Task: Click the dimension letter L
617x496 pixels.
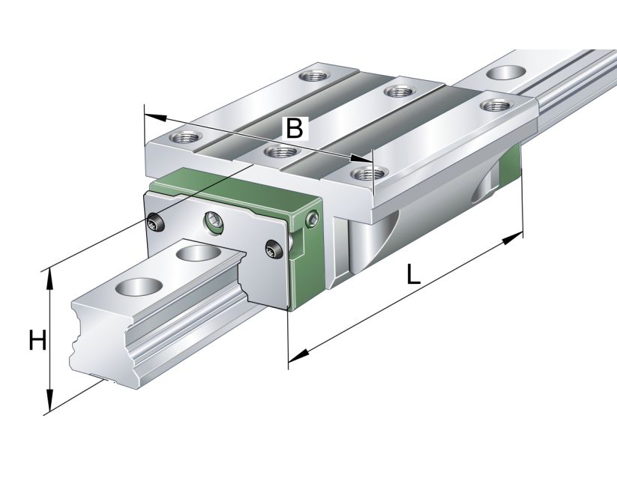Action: click(413, 275)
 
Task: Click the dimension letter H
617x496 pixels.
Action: click(37, 341)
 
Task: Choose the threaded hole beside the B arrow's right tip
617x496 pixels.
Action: click(365, 174)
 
